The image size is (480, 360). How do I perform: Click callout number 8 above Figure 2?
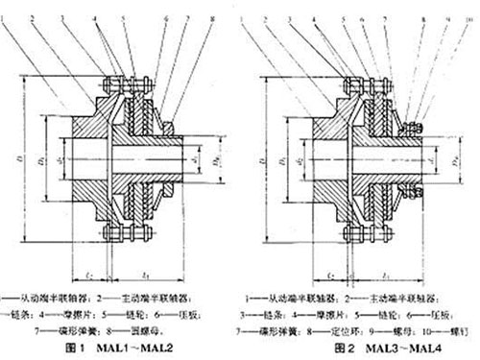click(424, 9)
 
